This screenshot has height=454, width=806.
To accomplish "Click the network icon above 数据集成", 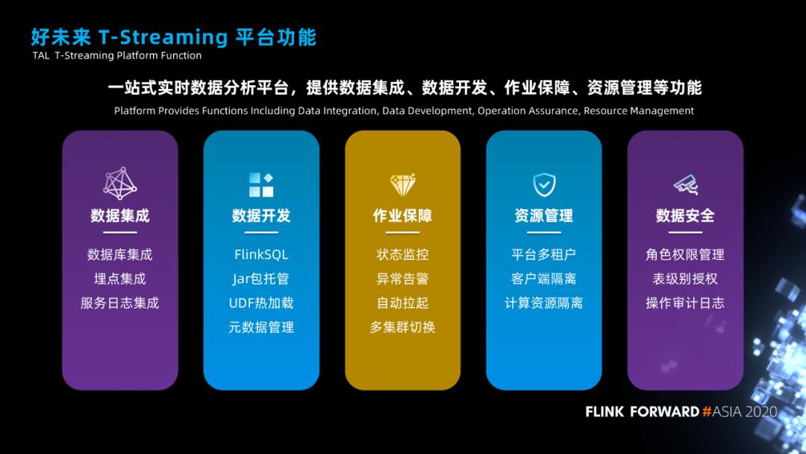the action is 119,184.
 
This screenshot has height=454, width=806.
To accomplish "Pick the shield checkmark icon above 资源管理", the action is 544,184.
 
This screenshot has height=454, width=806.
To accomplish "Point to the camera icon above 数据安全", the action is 685,184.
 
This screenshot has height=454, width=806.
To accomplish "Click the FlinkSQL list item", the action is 261,255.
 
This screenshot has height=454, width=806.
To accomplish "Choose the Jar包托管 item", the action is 261,279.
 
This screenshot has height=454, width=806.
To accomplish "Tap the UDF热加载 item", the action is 261,303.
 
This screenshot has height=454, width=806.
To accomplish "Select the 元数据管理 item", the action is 261,327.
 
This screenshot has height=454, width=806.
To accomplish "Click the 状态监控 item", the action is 403,255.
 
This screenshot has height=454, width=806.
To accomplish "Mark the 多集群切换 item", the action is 403,327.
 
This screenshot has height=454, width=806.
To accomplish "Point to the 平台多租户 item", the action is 544,255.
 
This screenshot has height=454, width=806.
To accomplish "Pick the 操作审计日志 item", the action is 685,303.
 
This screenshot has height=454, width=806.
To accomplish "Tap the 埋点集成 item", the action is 119,279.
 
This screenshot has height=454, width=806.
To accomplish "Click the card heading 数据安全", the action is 685,216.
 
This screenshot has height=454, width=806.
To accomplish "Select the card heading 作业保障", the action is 403,216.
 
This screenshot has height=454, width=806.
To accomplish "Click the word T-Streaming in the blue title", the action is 163,37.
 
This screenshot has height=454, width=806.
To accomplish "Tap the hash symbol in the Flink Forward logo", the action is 706,411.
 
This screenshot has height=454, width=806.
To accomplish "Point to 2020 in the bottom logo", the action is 760,411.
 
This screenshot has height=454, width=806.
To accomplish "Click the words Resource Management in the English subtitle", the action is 639,111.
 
